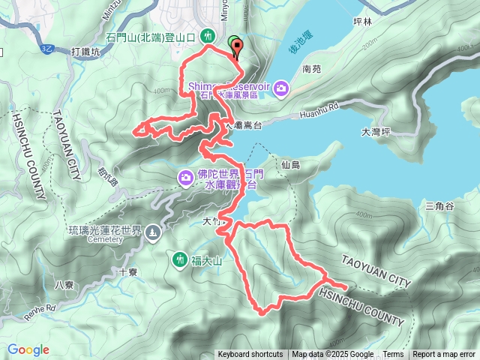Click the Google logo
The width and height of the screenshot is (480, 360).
[x=28, y=349]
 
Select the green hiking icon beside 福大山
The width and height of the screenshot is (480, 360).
[x=179, y=259]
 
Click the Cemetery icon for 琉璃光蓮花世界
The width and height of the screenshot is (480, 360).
[x=154, y=233]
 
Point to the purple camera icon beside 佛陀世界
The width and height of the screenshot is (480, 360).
[x=185, y=177]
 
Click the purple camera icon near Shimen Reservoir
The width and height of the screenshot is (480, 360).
[x=281, y=89]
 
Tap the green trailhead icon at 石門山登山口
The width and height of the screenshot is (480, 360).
[x=210, y=36]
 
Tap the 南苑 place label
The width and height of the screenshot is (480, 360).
[x=311, y=68]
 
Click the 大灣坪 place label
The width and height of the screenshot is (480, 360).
[x=376, y=132]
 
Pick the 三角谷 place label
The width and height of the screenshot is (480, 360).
[x=439, y=206]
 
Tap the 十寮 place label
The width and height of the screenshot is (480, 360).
[x=127, y=272]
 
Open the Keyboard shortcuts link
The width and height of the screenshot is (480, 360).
[x=250, y=355]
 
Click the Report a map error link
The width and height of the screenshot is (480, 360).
[x=445, y=355]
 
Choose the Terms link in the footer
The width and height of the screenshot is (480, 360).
[x=393, y=355]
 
